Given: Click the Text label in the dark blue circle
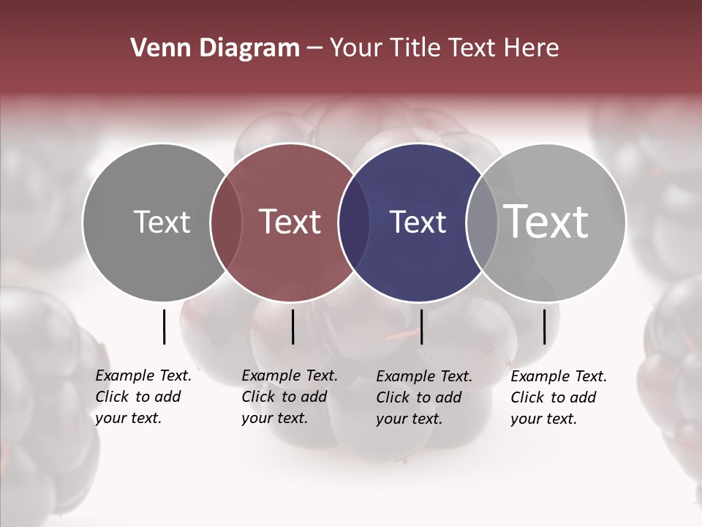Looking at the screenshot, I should [x=418, y=223].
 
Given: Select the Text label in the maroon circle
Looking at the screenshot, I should [x=290, y=223].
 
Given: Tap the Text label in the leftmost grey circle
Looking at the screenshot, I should [x=162, y=223].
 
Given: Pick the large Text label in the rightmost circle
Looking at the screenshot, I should [x=546, y=221].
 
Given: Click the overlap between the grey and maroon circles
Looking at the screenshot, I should [x=226, y=223].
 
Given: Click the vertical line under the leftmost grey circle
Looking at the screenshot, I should [x=164, y=326].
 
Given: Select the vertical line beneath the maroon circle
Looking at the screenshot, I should [x=292, y=326].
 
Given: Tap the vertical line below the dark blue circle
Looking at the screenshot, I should [x=421, y=326].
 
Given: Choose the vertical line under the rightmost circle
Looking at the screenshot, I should [x=544, y=326].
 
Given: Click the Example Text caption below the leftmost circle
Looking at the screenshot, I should [x=143, y=376].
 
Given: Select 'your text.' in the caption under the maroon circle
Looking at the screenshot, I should [x=274, y=419].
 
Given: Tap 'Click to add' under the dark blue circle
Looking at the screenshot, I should [x=419, y=397].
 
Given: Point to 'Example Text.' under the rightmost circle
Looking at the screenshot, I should [x=559, y=377].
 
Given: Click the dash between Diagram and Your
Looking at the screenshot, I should [x=314, y=48].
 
